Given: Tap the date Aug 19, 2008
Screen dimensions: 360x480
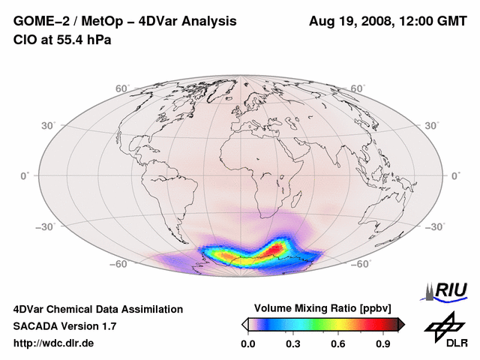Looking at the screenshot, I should tap(350, 22).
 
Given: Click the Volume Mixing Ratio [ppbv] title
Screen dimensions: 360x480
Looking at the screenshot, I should tap(323, 308).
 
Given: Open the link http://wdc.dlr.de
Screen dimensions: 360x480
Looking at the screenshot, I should tap(54, 343).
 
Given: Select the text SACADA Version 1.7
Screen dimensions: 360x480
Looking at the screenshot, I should tap(64, 326).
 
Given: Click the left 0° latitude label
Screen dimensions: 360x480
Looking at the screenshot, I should tap(24, 175).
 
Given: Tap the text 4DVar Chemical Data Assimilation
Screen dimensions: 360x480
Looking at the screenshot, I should tap(98, 309).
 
